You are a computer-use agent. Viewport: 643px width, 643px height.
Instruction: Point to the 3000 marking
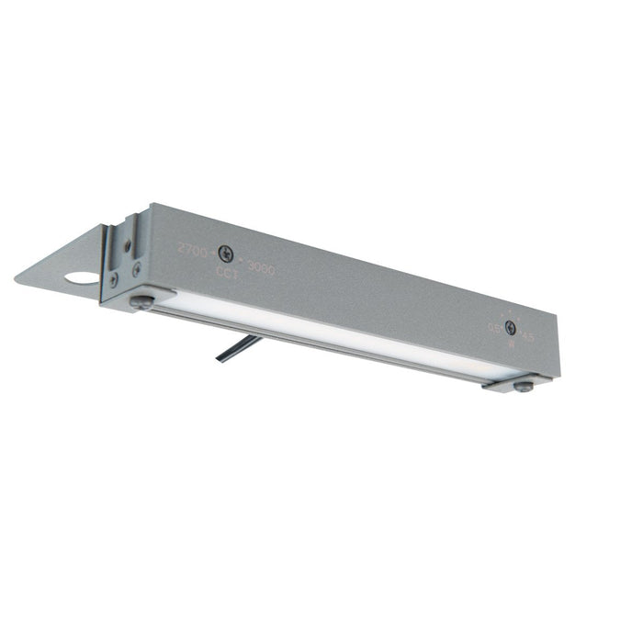coord(261,272)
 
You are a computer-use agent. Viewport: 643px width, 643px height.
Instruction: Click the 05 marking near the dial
coord(494,326)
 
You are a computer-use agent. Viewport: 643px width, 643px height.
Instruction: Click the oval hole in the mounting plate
coord(82,277)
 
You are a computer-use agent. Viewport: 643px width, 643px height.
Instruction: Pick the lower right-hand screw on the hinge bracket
coord(137,270)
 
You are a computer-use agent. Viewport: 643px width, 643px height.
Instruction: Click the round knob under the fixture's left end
coord(141,302)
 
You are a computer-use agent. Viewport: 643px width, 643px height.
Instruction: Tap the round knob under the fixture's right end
coord(523,386)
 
